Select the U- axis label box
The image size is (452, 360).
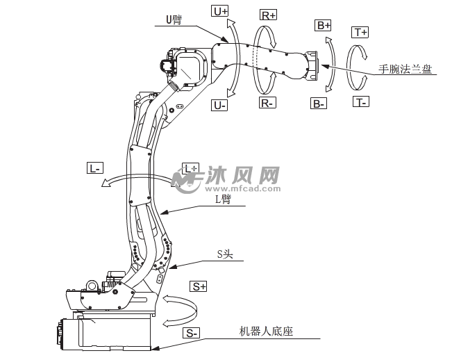(219, 105)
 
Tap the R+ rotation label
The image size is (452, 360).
(268, 15)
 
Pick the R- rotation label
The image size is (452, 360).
(268, 102)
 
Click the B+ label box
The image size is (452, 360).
(324, 25)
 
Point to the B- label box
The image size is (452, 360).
(319, 104)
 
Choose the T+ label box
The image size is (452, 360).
(360, 33)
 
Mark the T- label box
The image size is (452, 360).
(360, 102)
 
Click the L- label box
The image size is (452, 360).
(95, 167)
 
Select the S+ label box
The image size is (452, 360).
(200, 286)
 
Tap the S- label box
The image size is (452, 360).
(192, 333)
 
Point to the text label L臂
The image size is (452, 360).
(223, 199)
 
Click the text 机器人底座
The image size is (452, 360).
(266, 332)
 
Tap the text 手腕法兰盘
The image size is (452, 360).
(405, 69)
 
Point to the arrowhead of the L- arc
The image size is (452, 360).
(104, 184)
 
